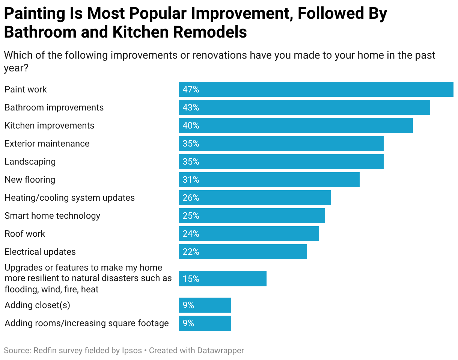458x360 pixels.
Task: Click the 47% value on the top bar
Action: [x=191, y=89]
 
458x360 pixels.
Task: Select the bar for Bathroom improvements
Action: [x=304, y=107]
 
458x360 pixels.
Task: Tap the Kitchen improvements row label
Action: [x=49, y=126]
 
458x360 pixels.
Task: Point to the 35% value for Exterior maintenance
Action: [x=191, y=144]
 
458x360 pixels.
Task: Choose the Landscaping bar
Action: [x=281, y=162]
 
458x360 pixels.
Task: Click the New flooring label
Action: [x=30, y=180]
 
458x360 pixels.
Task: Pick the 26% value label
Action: [x=191, y=198]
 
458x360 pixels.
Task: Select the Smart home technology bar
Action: [x=252, y=216]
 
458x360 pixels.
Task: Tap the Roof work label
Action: [x=25, y=234]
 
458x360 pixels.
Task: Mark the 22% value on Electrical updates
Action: [x=191, y=252]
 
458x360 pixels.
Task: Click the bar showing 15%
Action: [x=222, y=279]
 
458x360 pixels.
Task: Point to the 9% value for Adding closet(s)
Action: [x=188, y=305]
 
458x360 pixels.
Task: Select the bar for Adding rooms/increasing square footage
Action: [x=205, y=323]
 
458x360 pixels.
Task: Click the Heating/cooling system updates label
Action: [x=69, y=198]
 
